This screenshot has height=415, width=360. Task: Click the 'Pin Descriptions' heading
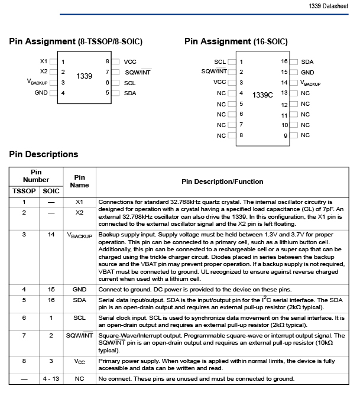(x=43, y=154)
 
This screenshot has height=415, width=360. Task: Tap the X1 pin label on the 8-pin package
(x=43, y=61)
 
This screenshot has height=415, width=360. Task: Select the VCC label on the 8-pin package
(x=130, y=61)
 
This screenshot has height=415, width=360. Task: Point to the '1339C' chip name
(x=262, y=95)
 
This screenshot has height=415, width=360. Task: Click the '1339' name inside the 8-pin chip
(x=85, y=76)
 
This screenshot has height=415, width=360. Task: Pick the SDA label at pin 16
(x=307, y=61)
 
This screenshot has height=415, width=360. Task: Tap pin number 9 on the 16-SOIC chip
(x=285, y=135)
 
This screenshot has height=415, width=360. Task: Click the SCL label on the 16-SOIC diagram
(x=220, y=61)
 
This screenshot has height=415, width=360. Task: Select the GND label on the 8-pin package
(x=41, y=93)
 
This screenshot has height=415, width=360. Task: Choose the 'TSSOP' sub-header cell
(x=24, y=191)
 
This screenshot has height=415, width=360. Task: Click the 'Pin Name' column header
(x=80, y=181)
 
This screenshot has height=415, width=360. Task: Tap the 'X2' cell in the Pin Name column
(x=80, y=212)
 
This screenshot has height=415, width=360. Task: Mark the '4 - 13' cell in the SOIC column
(x=51, y=378)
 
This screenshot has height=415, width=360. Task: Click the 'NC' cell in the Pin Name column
(x=80, y=378)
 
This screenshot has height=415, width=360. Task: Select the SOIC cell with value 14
(x=51, y=235)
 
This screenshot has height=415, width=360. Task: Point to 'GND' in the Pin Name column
(x=80, y=290)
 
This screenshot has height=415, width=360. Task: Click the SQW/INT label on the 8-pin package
(x=138, y=72)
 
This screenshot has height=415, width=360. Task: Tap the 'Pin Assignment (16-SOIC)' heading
(x=236, y=42)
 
